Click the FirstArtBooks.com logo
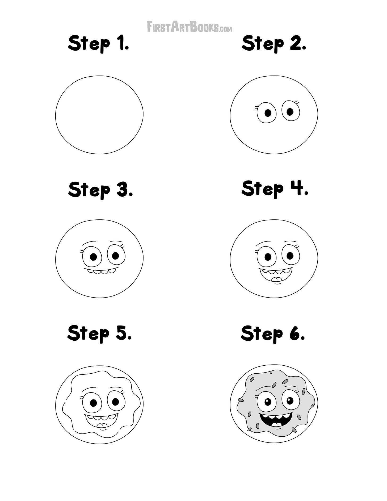[x=190, y=27]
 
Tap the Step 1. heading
[x=99, y=44]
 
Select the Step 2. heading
[x=274, y=44]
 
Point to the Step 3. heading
[x=100, y=190]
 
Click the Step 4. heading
[x=275, y=189]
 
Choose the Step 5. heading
[x=100, y=333]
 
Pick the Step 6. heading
[x=273, y=333]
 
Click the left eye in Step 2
[x=267, y=113]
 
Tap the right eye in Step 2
[x=291, y=111]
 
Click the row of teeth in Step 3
[x=100, y=271]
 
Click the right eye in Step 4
[x=291, y=256]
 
